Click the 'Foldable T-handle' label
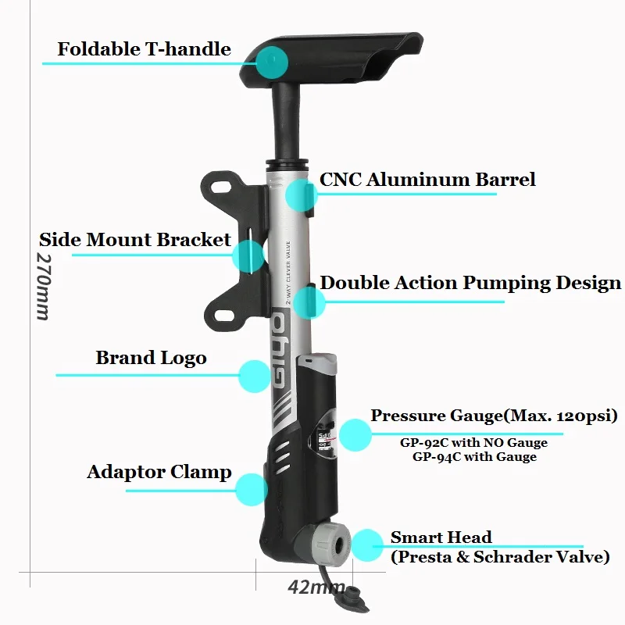pos(144,49)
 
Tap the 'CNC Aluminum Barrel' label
pos(427,179)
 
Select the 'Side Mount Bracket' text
pos(135,239)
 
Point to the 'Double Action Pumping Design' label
pos(471,283)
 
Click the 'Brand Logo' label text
pos(151,359)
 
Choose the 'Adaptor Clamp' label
pos(159,472)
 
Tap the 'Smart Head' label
pos(441,537)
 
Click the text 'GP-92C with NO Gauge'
pos(474,443)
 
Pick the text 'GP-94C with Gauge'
pos(474,457)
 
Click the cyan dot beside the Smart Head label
pos(366,545)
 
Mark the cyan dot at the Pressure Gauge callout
pos(355,434)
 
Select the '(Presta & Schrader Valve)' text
pos(500,557)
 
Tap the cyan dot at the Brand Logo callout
pos(254,376)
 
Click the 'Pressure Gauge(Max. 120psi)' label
pos(494,415)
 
